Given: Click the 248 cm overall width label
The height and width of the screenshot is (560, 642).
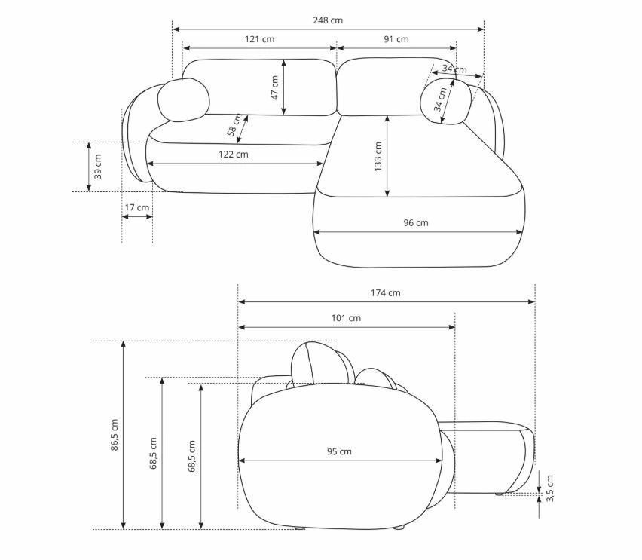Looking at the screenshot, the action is click(328, 20).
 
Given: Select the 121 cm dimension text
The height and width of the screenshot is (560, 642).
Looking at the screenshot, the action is click(259, 39).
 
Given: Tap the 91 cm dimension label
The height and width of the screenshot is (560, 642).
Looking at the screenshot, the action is click(396, 39).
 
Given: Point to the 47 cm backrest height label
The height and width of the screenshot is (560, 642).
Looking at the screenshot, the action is click(275, 87).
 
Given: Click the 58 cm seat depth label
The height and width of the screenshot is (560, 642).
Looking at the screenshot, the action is click(234, 125).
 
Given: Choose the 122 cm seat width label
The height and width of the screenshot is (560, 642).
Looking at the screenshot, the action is click(234, 154).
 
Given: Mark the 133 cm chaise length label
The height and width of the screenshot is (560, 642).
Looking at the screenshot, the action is click(378, 157).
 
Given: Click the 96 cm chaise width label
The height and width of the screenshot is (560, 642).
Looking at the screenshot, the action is click(416, 222).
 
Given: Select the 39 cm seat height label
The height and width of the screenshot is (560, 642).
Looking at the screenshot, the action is click(98, 167).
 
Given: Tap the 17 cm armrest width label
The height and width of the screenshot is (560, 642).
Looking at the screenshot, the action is click(137, 207).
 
